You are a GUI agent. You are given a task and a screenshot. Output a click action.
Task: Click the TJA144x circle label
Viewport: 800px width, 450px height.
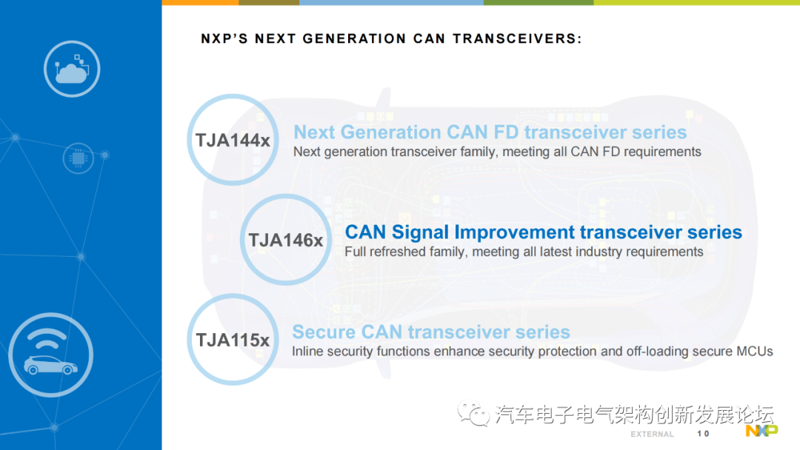(233, 140)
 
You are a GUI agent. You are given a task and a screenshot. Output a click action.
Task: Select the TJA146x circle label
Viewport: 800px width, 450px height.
(286, 240)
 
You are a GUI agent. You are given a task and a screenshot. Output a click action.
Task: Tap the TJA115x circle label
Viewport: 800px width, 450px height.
(233, 340)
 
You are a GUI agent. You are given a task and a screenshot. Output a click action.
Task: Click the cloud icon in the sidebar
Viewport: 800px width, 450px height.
(71, 69)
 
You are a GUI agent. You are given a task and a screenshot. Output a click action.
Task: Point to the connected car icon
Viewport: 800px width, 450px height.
(50, 355)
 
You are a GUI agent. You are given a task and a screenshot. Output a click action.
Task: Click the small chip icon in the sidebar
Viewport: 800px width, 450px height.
(78, 158)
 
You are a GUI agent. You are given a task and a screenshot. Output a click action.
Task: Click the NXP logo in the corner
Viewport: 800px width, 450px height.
(761, 431)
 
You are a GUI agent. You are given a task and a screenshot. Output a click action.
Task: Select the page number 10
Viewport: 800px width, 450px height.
(703, 434)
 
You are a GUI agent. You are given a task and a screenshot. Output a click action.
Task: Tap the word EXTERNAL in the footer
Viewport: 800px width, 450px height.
(652, 434)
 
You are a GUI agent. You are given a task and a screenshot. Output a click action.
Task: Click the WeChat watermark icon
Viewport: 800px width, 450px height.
(473, 413)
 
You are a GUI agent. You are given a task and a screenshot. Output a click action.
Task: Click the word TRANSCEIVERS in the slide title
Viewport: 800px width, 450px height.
(517, 38)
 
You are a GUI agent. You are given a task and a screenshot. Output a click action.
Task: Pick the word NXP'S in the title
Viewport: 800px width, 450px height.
(224, 38)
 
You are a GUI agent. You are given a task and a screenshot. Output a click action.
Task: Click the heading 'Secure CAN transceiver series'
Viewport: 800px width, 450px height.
(431, 332)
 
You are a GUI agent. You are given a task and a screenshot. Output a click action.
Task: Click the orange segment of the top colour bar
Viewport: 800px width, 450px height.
(200, 2)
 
